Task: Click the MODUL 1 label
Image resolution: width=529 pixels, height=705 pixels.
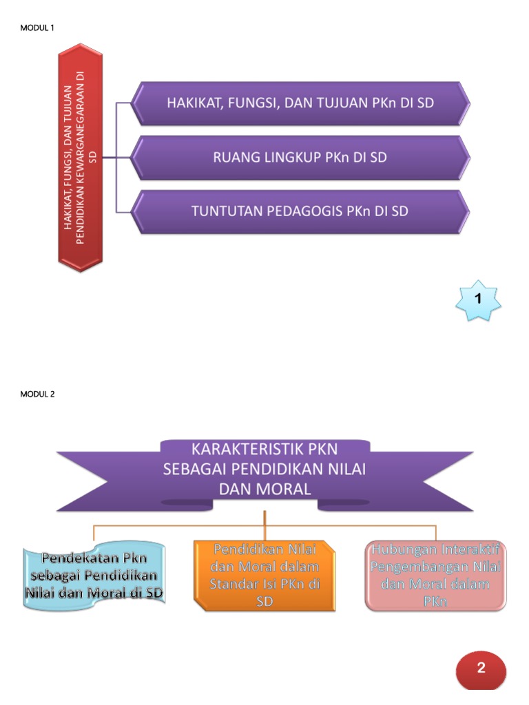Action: [38, 28]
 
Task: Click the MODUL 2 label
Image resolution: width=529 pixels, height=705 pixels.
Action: [38, 394]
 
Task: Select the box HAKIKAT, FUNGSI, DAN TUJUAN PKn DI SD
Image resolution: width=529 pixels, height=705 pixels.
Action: [300, 103]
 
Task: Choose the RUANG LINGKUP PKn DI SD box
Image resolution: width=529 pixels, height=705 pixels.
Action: [300, 157]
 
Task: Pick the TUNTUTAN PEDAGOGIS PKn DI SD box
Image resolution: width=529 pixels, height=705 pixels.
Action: [300, 211]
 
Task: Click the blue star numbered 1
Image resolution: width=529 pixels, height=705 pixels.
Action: [478, 299]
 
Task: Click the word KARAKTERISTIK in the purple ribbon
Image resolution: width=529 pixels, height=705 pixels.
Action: [234, 452]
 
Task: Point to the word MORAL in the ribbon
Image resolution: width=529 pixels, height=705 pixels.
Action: [284, 489]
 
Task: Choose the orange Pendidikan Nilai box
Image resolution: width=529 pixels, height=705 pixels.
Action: [265, 576]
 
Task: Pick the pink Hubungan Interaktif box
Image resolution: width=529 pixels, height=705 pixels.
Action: [435, 576]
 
